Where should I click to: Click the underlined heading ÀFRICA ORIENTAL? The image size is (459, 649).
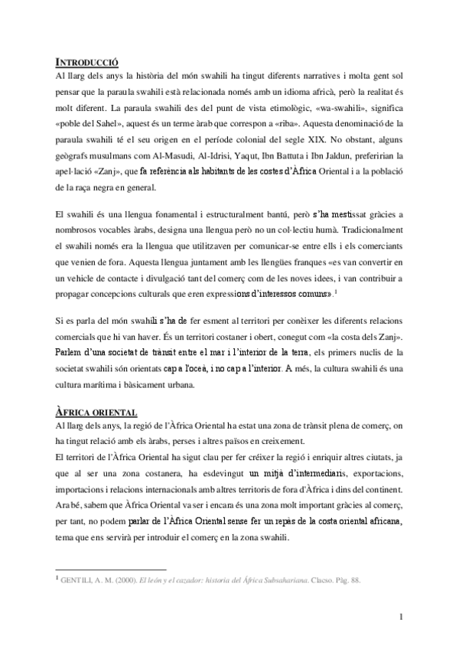(96, 412)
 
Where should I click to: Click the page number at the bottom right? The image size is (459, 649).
(401, 617)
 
